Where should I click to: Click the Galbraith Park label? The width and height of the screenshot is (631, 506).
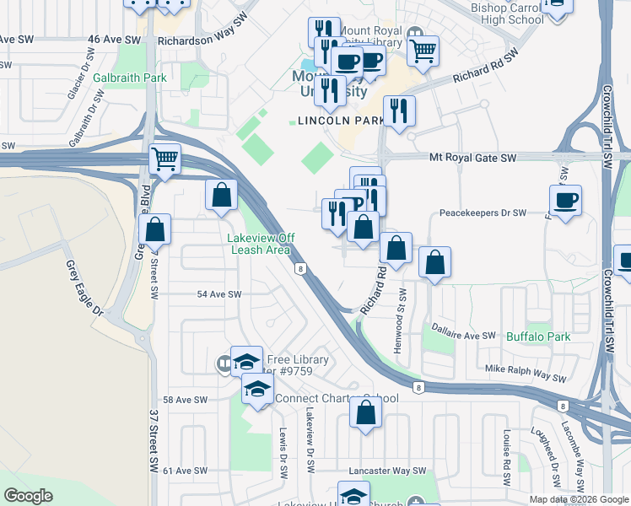(x=131, y=78)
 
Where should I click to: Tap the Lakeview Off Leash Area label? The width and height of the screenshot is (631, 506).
(x=260, y=244)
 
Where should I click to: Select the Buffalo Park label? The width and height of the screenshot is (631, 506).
(x=538, y=336)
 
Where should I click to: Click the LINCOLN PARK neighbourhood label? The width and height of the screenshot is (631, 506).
(x=336, y=121)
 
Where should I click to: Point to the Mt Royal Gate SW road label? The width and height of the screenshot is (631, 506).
(x=472, y=158)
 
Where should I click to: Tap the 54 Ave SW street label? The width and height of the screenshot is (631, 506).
(x=218, y=294)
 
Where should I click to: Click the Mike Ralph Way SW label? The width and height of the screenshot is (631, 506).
(x=525, y=369)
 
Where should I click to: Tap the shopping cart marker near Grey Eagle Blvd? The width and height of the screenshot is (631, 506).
(x=165, y=159)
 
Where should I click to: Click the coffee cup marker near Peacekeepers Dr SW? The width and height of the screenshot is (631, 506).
(x=565, y=201)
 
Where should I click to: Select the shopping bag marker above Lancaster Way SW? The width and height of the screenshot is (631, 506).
(x=365, y=413)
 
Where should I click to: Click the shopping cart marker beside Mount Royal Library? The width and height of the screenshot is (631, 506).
(x=423, y=50)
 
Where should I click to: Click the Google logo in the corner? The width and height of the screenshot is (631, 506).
(x=28, y=496)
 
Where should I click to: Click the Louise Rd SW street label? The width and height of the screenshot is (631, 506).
(x=507, y=456)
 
